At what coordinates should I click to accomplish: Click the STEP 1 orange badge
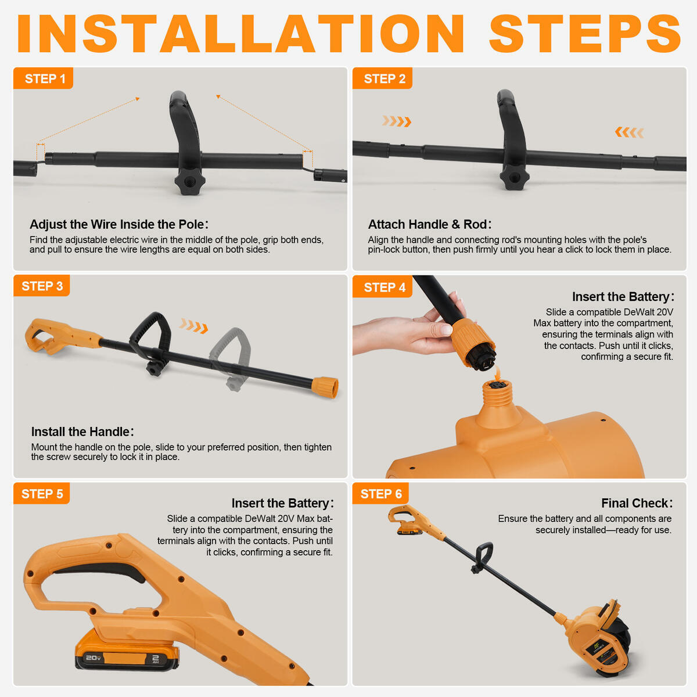pyautogui.click(x=44, y=78)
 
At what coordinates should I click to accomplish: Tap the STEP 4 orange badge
pyautogui.click(x=383, y=287)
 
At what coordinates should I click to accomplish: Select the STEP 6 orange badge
pyautogui.click(x=380, y=494)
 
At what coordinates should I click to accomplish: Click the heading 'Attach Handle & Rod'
pyautogui.click(x=429, y=224)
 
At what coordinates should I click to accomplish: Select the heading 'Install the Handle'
pyautogui.click(x=82, y=432)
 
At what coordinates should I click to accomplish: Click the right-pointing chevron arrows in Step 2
pyautogui.click(x=397, y=121)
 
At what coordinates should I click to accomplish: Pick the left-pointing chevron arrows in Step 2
pyautogui.click(x=629, y=132)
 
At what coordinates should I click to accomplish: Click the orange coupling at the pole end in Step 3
pyautogui.click(x=325, y=387)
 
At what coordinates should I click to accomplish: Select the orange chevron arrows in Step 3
pyautogui.click(x=193, y=326)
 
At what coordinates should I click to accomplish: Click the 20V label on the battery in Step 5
pyautogui.click(x=93, y=658)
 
